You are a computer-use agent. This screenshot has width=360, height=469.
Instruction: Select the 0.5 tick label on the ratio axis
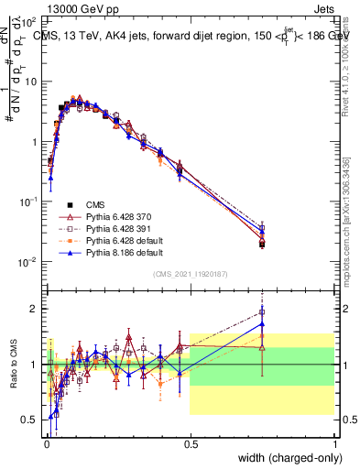[31, 420]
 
